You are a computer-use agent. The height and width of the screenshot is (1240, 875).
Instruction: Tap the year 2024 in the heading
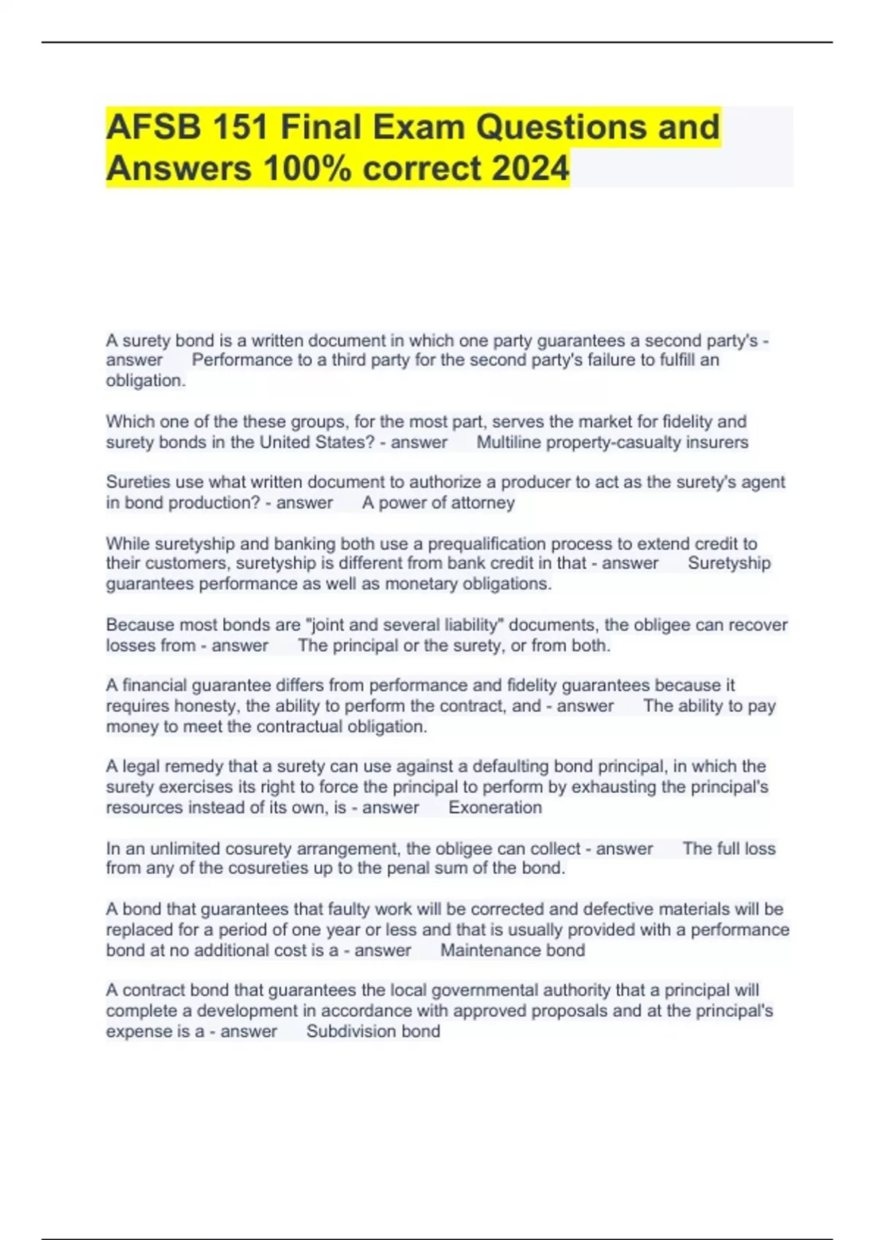pyautogui.click(x=530, y=168)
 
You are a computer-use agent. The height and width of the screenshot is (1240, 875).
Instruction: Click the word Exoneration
pyautogui.click(x=495, y=807)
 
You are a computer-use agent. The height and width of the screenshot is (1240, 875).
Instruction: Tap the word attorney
pyautogui.click(x=481, y=503)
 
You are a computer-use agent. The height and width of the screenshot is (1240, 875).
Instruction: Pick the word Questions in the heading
pyautogui.click(x=563, y=128)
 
